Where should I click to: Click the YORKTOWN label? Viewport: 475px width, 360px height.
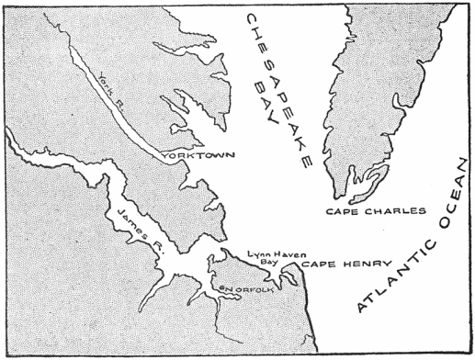194,156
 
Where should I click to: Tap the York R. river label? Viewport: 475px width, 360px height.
112,91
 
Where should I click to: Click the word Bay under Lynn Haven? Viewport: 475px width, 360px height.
266,263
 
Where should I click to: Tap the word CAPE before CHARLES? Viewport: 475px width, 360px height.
344,212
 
